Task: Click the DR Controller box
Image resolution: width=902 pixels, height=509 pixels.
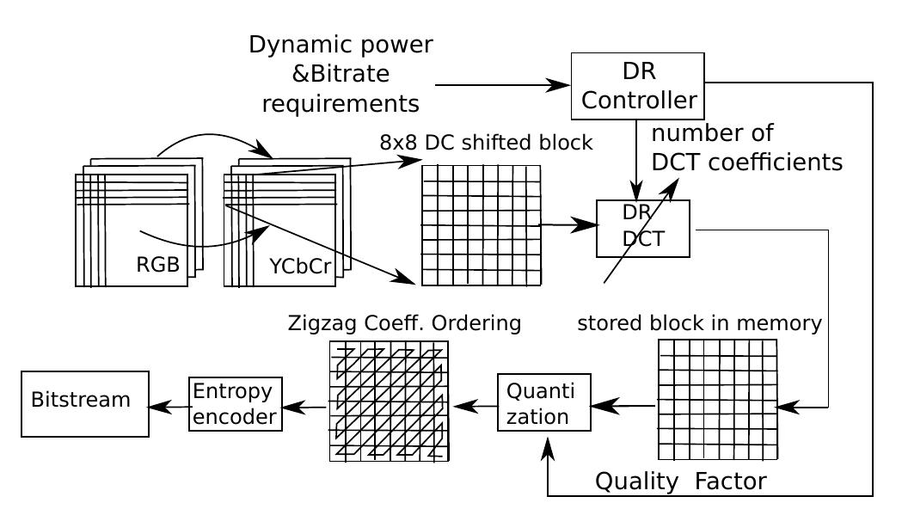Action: (x=637, y=86)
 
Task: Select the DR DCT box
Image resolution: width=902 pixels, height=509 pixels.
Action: (x=642, y=229)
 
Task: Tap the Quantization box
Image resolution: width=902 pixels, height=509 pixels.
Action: (x=543, y=402)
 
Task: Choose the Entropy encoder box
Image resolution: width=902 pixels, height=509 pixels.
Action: (x=235, y=404)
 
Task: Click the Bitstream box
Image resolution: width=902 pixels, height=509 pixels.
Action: (x=85, y=404)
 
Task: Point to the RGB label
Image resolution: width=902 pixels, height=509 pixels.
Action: (x=158, y=265)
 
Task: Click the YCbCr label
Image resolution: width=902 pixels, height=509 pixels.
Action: (x=300, y=267)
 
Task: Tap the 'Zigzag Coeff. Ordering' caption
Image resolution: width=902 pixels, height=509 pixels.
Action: (x=404, y=323)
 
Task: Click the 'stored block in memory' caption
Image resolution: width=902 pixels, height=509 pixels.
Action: (x=699, y=323)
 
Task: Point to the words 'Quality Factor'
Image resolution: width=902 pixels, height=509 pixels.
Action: (x=680, y=481)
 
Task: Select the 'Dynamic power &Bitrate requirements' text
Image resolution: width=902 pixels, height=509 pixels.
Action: (x=341, y=74)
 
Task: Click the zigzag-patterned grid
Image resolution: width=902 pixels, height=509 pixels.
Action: (x=390, y=401)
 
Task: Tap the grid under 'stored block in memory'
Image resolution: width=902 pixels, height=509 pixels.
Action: (x=717, y=399)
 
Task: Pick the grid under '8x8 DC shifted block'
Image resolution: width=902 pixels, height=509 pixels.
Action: (x=481, y=225)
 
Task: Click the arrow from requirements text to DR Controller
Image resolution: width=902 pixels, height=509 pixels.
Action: (x=502, y=85)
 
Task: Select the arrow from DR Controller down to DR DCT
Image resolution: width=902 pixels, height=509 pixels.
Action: (x=635, y=158)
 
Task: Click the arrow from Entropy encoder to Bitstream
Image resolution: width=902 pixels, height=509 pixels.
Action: (x=169, y=408)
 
